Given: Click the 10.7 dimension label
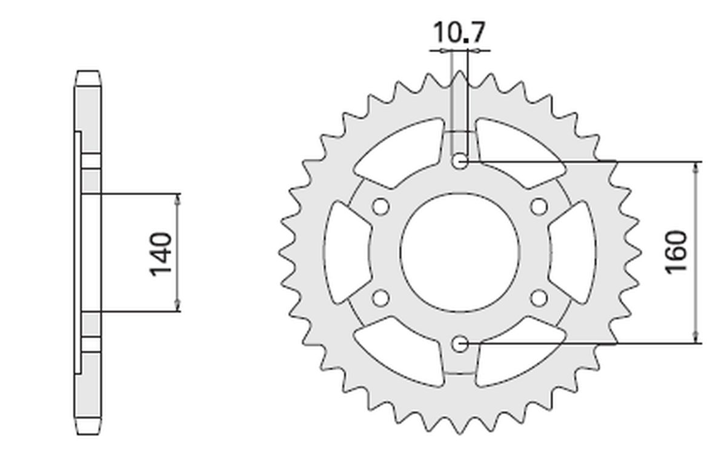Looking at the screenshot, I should [459, 33].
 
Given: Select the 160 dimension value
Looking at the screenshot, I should [676, 252].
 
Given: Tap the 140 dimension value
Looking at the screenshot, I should [161, 253].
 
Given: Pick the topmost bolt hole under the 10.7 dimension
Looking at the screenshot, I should [460, 161].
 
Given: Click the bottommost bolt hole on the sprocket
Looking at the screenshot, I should [460, 344].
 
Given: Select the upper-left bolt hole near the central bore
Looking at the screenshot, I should [380, 207].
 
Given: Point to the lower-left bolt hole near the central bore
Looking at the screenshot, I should [380, 298].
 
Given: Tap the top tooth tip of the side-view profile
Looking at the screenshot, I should [88, 72].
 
